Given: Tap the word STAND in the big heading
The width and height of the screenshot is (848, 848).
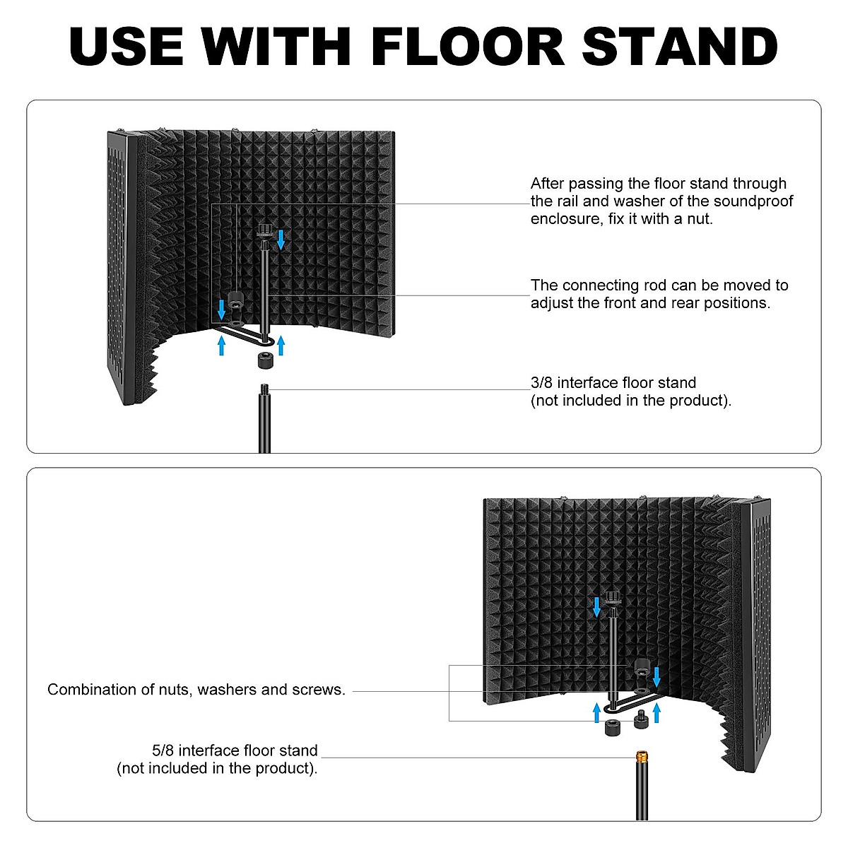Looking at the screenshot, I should pos(680,47).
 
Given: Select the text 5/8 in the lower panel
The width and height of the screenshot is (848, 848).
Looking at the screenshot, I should pos(164,750).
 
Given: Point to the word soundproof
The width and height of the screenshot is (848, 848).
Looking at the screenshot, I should pos(753,201).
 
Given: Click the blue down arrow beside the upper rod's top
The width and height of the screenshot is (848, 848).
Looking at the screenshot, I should pos(281,239).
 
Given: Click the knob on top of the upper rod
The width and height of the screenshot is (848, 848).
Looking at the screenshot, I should pos(265,230).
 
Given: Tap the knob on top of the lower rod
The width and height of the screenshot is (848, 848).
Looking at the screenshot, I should pos(611,598).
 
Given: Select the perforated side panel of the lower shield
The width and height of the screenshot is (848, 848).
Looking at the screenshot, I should pos(760,636).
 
